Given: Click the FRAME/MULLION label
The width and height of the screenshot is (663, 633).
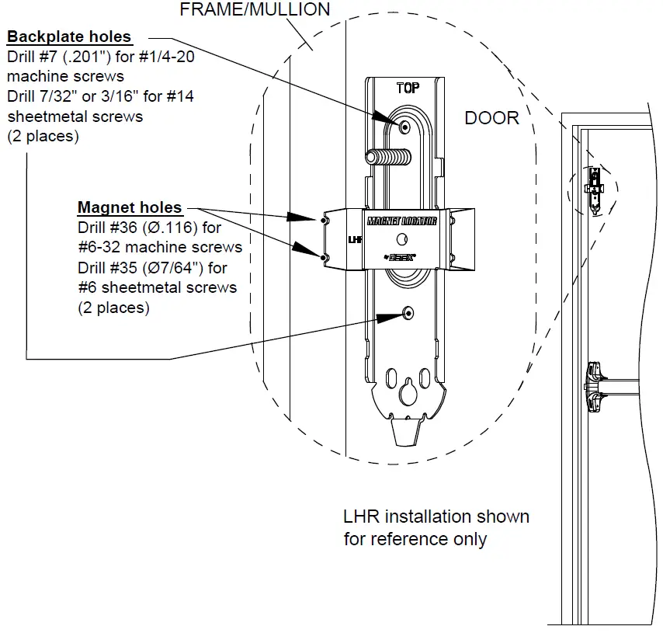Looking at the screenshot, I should pyautogui.click(x=255, y=10).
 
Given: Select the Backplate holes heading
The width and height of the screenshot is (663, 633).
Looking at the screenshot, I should pyautogui.click(x=69, y=37).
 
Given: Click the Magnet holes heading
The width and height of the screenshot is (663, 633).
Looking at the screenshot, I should pyautogui.click(x=130, y=208).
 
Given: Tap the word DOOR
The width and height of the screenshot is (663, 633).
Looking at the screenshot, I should pyautogui.click(x=491, y=118).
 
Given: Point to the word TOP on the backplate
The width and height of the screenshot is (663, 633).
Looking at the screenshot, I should pyautogui.click(x=408, y=88).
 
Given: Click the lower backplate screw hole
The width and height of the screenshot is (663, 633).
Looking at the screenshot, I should pyautogui.click(x=408, y=312).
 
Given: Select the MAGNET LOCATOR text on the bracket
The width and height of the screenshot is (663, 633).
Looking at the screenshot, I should pyautogui.click(x=401, y=221).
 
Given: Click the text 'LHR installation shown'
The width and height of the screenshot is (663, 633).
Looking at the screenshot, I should pyautogui.click(x=436, y=516).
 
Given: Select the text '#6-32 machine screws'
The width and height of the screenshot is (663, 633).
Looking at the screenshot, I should pyautogui.click(x=160, y=248).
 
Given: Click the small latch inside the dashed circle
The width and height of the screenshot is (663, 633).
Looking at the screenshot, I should pyautogui.click(x=595, y=187).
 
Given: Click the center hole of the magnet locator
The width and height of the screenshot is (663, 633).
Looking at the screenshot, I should pyautogui.click(x=401, y=238).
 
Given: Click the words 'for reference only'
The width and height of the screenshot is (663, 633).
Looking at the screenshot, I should pyautogui.click(x=415, y=538).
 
